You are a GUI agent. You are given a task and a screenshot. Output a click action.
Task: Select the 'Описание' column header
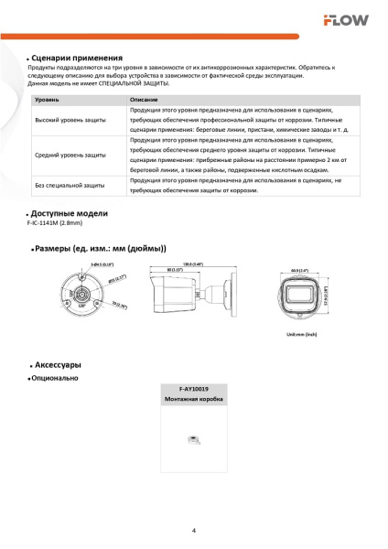[x=144, y=98]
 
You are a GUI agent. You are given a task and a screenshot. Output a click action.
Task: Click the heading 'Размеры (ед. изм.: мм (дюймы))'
[x=101, y=248]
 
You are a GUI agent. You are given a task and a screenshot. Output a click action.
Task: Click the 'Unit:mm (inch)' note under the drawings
[x=301, y=336]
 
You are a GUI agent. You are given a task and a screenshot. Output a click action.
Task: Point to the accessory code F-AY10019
[x=194, y=390]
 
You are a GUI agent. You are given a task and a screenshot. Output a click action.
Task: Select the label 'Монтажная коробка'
[x=194, y=400]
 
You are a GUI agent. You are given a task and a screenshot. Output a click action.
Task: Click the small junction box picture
[x=193, y=440]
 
